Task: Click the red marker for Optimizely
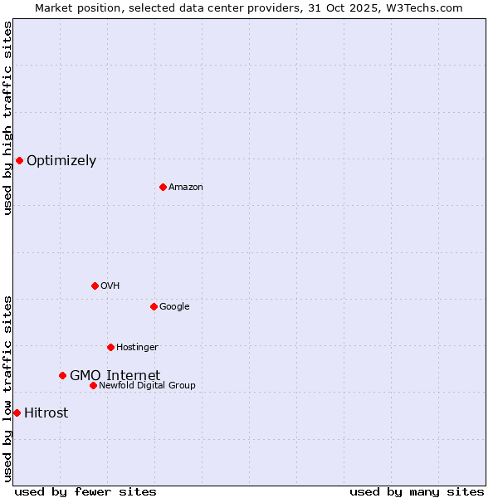coord(19,160)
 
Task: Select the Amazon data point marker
coord(163,187)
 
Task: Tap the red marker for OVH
coord(95,286)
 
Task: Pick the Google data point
coord(154,306)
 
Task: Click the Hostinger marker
coord(110,347)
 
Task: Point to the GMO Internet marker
coord(62,375)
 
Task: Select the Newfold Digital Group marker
coord(93,385)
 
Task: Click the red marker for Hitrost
coord(17,413)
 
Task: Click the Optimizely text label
coord(61,161)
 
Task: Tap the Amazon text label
coord(185,188)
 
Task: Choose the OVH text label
coord(110,286)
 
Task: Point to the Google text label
coord(174,307)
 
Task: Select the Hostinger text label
coord(137,348)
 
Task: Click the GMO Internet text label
coord(115,375)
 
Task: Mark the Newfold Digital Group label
coord(147,386)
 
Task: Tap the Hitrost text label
coord(46,413)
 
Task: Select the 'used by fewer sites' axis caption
coord(85,491)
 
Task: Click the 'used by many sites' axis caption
coord(417,491)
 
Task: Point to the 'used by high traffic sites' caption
coord(7,118)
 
